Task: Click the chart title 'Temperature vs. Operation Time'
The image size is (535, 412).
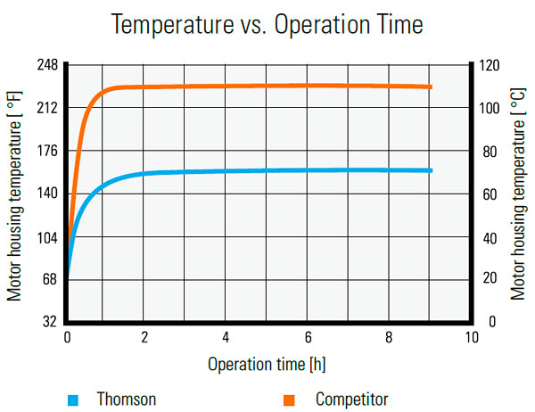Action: (x=267, y=24)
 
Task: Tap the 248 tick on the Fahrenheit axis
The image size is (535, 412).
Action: (x=47, y=65)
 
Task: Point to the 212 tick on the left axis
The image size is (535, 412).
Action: (x=47, y=108)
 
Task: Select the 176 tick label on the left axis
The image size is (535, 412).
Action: (x=47, y=151)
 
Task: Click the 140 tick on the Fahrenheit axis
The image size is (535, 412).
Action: (x=47, y=194)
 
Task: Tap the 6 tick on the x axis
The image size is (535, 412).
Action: (x=309, y=337)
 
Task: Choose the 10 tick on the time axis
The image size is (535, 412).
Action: (x=470, y=337)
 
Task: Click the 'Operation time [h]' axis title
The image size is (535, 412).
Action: (x=267, y=364)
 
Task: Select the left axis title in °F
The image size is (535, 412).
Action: (x=15, y=193)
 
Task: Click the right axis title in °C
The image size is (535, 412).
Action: (x=518, y=193)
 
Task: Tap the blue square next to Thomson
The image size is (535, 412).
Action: (x=74, y=398)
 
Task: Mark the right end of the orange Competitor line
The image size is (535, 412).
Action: (x=432, y=87)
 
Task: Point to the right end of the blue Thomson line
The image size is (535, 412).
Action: (x=432, y=170)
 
